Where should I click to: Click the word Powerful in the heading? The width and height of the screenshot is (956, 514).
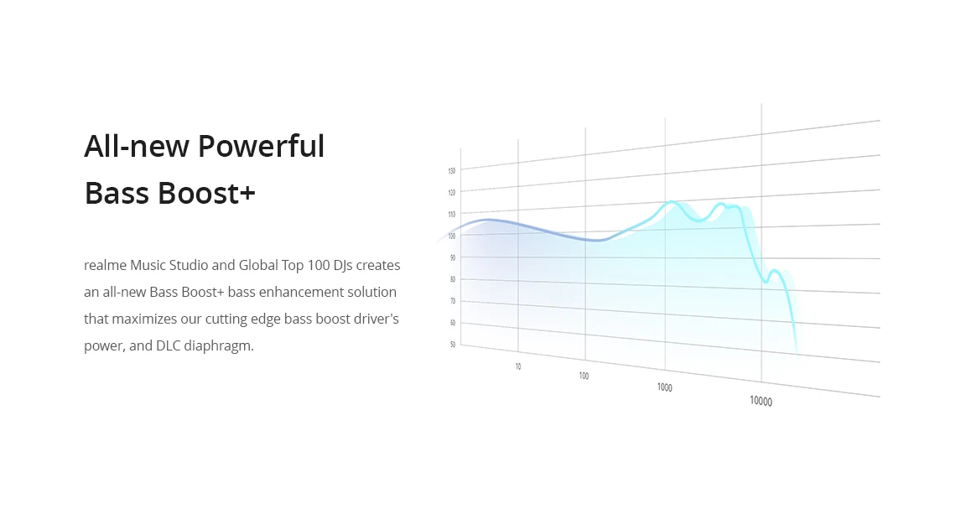click(261, 147)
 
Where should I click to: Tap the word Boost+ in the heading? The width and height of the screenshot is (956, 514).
click(207, 194)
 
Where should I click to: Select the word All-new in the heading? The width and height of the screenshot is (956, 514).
click(137, 147)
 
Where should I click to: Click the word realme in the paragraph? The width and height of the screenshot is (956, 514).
click(105, 265)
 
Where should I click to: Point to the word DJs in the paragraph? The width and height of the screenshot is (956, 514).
click(343, 266)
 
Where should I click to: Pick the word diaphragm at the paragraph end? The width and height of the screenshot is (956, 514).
click(218, 346)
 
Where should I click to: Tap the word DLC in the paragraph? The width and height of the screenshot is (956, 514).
click(169, 345)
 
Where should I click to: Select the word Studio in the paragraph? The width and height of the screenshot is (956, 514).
click(189, 265)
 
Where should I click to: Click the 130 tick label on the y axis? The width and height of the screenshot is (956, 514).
click(452, 171)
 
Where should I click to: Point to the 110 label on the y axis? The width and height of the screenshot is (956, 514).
click(452, 214)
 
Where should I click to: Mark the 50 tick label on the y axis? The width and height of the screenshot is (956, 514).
click(452, 345)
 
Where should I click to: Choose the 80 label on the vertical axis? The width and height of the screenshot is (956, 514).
click(452, 279)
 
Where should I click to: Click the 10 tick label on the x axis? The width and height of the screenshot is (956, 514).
click(518, 366)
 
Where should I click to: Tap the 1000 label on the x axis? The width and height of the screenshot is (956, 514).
click(664, 387)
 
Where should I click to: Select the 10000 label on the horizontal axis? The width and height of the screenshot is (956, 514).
click(761, 401)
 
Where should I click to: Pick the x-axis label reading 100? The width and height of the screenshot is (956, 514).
click(585, 376)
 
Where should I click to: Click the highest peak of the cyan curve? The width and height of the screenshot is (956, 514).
click(671, 201)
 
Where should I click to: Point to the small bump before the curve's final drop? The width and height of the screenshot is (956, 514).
click(774, 270)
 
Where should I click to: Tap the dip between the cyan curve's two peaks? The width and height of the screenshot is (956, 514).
click(700, 221)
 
